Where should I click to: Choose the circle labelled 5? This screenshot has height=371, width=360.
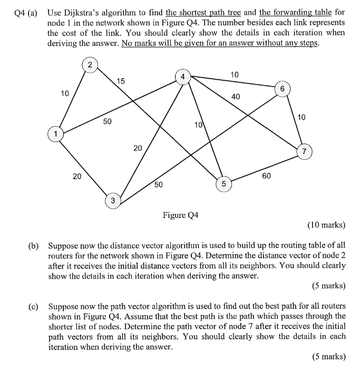(x=223, y=184)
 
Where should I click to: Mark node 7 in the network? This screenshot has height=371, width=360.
(x=304, y=151)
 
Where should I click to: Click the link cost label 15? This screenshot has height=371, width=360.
(x=121, y=81)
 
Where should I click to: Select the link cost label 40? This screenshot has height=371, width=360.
(x=236, y=96)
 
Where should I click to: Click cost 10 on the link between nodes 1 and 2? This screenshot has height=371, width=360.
(x=65, y=93)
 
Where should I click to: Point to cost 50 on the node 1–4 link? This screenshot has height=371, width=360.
(x=107, y=121)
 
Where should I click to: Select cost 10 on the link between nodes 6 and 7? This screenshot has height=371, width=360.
(x=301, y=117)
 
